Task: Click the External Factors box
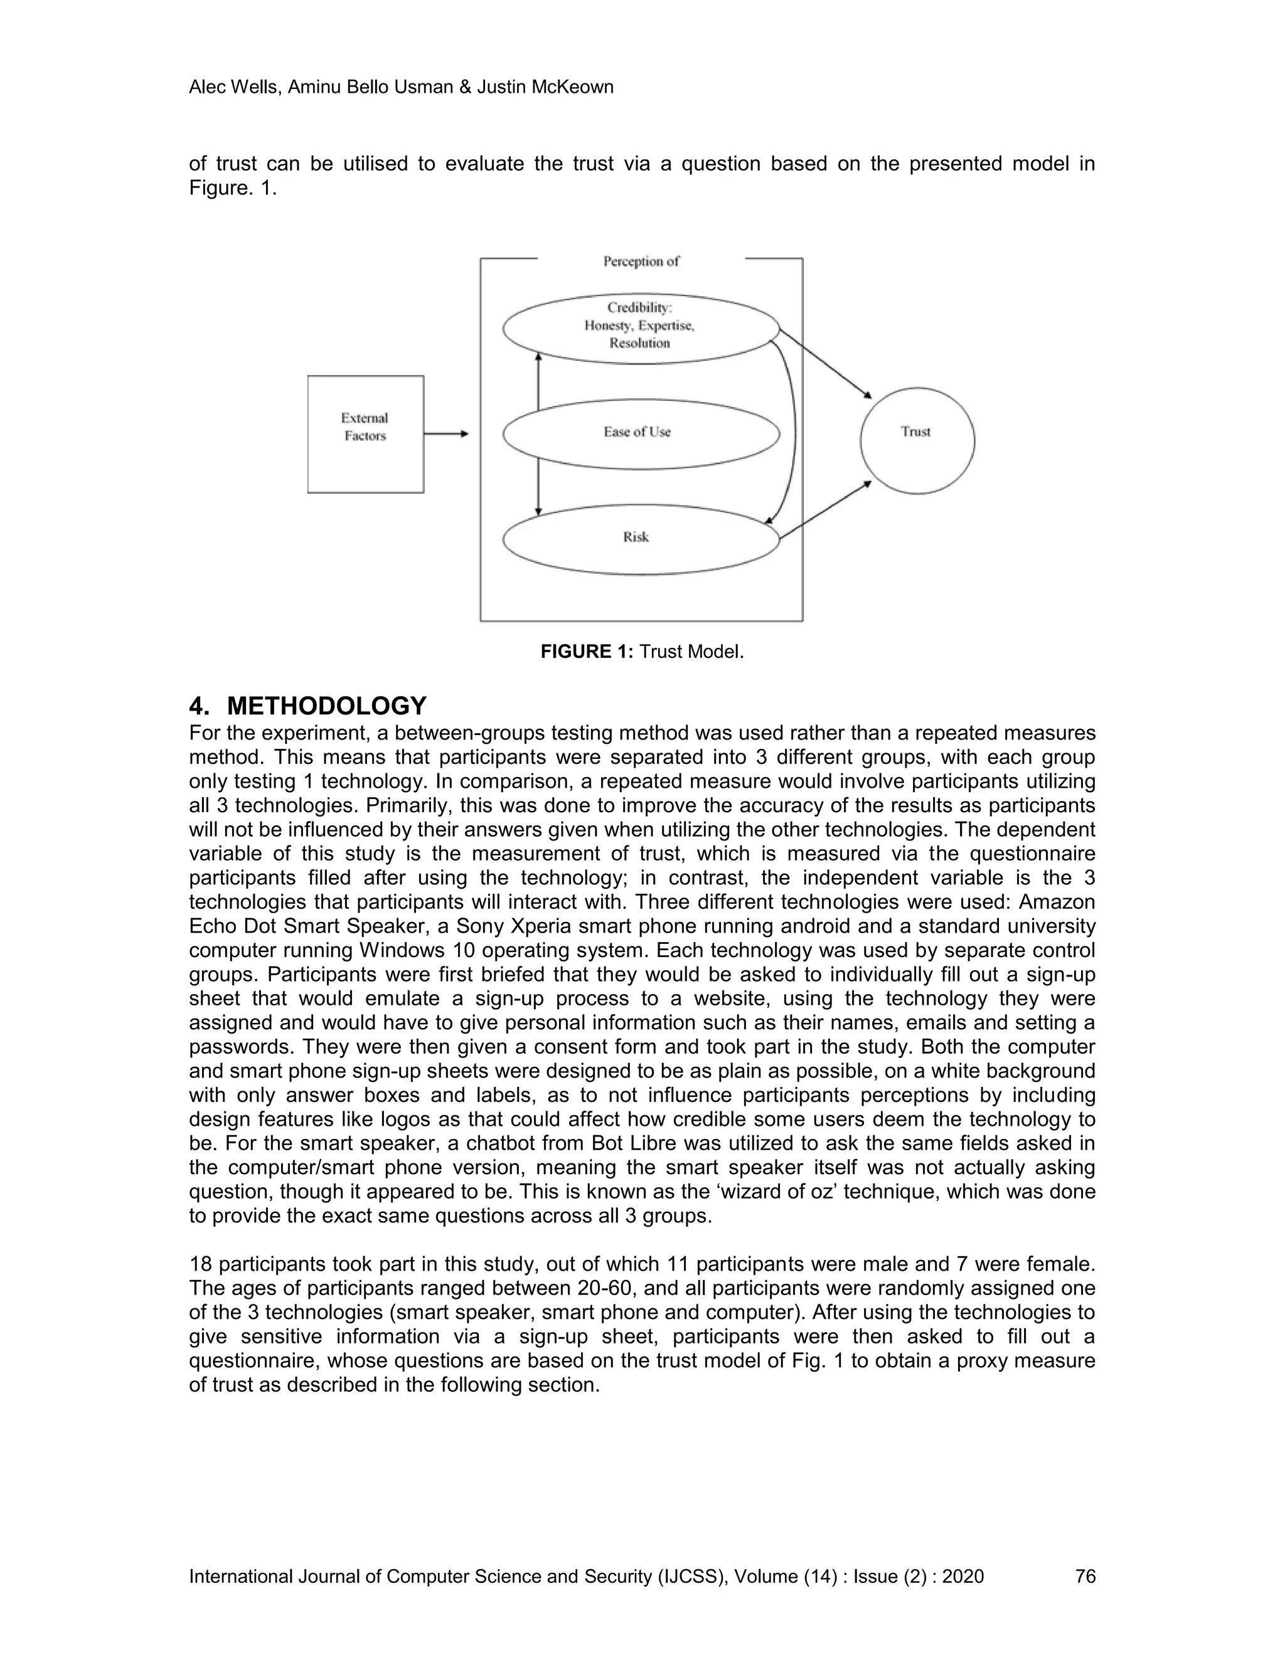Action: [x=365, y=434]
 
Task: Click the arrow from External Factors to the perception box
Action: [x=446, y=434]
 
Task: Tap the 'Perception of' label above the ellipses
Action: [x=641, y=261]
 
